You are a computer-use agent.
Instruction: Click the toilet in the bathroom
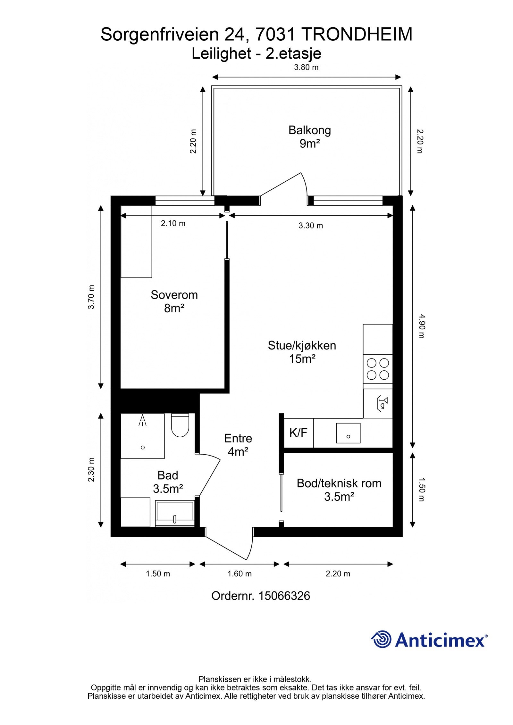180,425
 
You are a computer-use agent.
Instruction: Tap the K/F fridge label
298,433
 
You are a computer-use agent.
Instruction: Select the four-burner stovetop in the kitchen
378,369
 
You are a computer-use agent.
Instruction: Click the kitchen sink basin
348,433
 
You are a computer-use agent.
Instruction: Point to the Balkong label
309,130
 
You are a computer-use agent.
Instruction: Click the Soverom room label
174,295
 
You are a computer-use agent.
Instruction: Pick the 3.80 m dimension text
307,67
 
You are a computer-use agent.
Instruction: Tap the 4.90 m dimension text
421,326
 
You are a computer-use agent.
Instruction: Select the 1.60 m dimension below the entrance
240,573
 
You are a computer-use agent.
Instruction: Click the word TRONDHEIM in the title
357,34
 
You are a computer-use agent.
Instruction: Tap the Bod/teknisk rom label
339,483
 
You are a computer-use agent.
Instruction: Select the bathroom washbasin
175,513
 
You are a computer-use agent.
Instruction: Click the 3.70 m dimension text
91,297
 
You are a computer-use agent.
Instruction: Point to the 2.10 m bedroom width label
173,223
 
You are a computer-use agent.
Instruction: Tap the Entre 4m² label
238,445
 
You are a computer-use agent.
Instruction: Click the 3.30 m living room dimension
311,226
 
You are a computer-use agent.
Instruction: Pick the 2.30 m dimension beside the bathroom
91,469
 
